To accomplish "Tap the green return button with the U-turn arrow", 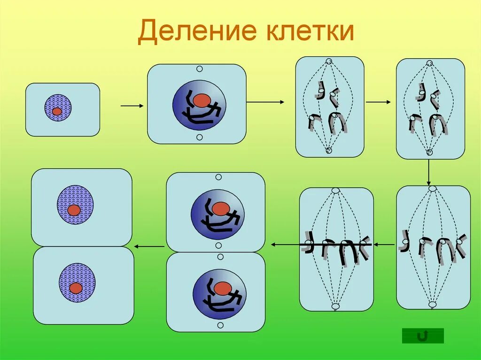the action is coord(423,335).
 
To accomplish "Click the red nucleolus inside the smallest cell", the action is coord(57,111).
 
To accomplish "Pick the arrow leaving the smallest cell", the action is coord(132,106).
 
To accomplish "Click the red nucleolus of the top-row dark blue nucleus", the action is coord(202,100).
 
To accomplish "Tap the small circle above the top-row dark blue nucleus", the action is coord(199,69).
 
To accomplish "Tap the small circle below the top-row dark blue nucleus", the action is coord(199,137).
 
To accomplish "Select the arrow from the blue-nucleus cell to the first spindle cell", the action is coord(265,101).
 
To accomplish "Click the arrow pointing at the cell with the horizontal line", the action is coord(385,245).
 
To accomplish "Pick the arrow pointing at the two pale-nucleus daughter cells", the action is coord(149,245).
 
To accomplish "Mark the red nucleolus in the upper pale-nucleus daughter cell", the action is coord(74,210).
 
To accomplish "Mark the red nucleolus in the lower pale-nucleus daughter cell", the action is coord(76,288).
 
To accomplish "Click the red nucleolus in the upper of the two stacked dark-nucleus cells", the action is coord(220,208).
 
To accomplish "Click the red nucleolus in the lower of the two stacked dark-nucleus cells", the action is coord(221,287).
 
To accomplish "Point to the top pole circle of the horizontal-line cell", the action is coord(335,190).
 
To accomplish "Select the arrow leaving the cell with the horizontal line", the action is coord(284,245).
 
